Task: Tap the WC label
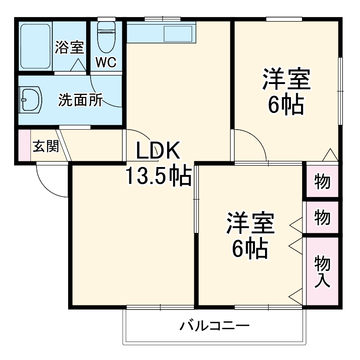tap(106, 63)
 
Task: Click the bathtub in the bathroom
tap(35, 46)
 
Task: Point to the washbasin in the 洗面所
tap(30, 100)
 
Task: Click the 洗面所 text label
tap(81, 100)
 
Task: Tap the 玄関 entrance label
tap(46, 146)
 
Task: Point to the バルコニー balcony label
tap(215, 327)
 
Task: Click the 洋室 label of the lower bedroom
tap(251, 224)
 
